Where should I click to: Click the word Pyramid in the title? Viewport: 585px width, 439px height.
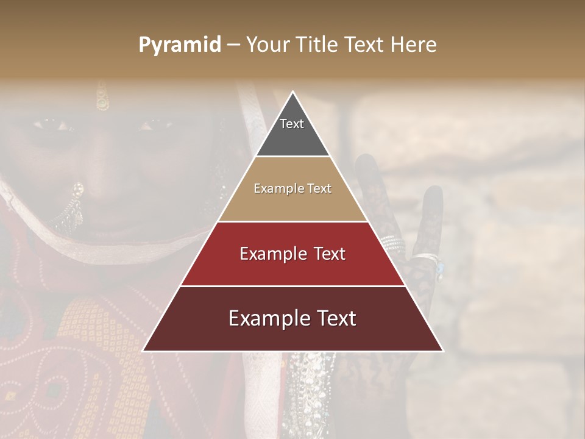click(180, 45)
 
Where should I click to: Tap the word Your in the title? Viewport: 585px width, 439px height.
click(268, 45)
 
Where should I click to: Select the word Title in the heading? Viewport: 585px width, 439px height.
click(317, 45)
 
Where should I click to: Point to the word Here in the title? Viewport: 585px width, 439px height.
click(413, 45)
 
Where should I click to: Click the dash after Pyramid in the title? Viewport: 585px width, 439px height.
click(233, 45)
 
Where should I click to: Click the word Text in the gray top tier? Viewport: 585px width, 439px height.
click(292, 124)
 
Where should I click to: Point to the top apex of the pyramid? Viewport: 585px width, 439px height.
click(292, 92)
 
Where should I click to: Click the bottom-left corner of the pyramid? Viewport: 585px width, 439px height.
click(143, 351)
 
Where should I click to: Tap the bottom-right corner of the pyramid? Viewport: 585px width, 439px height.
click(442, 351)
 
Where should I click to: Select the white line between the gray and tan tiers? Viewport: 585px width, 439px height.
click(292, 157)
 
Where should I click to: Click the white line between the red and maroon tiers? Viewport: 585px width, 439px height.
click(292, 286)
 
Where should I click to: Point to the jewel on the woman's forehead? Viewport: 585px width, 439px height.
click(102, 102)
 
